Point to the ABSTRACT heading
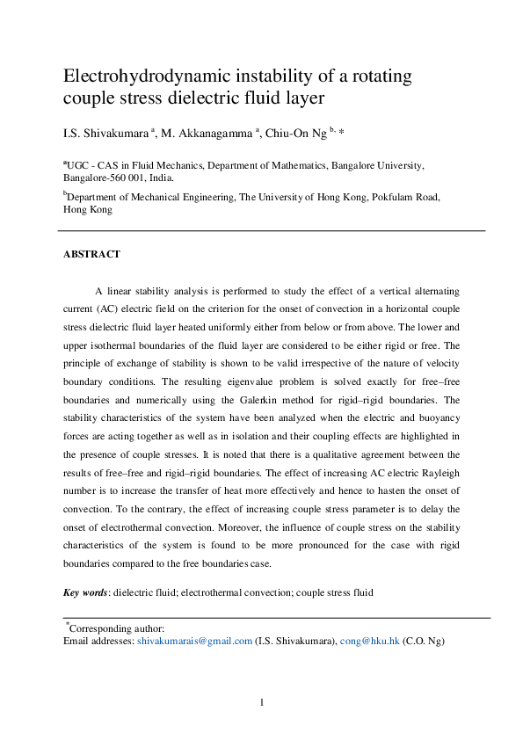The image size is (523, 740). tap(91, 255)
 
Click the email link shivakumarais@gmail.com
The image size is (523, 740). tap(194, 642)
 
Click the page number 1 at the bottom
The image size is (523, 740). tap(262, 702)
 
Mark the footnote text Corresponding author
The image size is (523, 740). tap(116, 628)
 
